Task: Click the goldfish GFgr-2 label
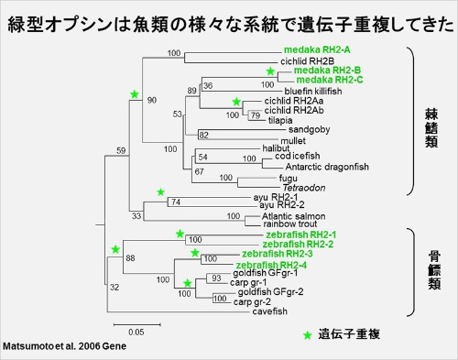coord(267,291)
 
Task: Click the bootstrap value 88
coord(130,259)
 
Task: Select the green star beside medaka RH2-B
coord(270,71)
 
